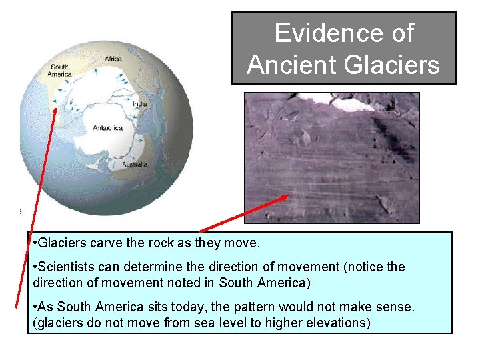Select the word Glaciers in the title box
pyautogui.click(x=391, y=65)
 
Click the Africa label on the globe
pyautogui.click(x=113, y=59)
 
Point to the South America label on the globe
pyautogui.click(x=60, y=70)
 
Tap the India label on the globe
pyautogui.click(x=140, y=104)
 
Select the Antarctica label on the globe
pyautogui.click(x=107, y=127)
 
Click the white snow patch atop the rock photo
pyautogui.click(x=353, y=104)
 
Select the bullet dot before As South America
pyautogui.click(x=35, y=307)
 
